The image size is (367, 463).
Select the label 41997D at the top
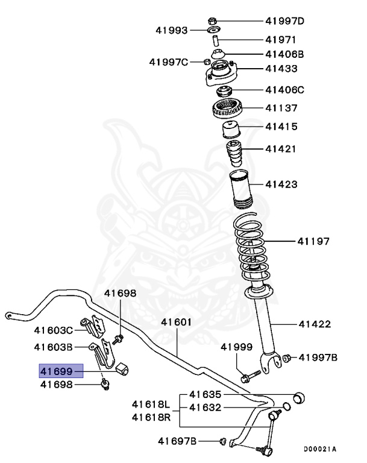click(284, 21)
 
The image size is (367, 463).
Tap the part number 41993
click(172, 30)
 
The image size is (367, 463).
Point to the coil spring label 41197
click(313, 242)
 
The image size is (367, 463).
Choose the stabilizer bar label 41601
click(176, 322)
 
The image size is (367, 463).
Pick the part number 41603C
click(53, 330)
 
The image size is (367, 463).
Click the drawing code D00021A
click(320, 449)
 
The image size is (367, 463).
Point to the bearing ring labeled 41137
click(229, 110)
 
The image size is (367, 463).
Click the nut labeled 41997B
click(287, 358)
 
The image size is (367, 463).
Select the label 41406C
click(284, 90)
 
